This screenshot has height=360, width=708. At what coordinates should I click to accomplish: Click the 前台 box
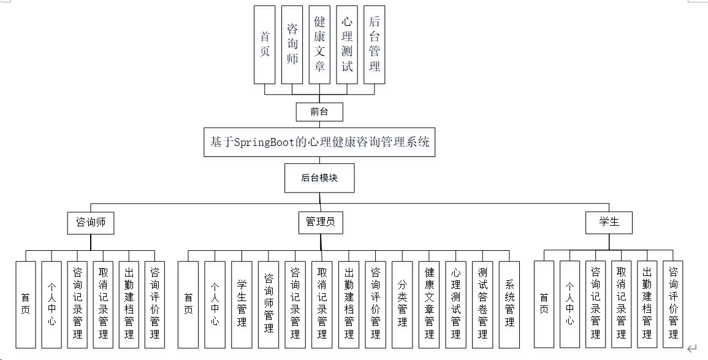[319, 112]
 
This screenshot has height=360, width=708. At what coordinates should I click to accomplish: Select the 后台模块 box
[319, 178]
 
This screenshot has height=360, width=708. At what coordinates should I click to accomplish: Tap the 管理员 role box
[320, 222]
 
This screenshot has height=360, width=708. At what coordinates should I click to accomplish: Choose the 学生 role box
[609, 222]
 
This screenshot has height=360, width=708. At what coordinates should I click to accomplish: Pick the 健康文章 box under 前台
[319, 45]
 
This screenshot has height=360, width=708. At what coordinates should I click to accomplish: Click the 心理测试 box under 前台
[347, 45]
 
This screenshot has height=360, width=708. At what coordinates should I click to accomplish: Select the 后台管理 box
[375, 45]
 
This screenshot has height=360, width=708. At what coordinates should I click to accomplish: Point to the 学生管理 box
[242, 304]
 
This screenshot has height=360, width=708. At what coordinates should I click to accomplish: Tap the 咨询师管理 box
[268, 304]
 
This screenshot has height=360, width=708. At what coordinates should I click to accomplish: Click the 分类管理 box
[402, 304]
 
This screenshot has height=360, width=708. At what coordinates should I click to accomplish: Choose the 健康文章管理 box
[429, 304]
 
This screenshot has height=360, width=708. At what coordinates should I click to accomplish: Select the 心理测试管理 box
[455, 304]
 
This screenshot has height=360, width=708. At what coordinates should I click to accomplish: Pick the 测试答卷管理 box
[482, 304]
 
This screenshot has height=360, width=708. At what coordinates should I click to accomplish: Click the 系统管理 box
[509, 304]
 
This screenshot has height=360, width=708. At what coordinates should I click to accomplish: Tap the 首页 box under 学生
[544, 304]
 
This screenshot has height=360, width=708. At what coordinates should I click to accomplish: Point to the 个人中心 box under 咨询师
[51, 304]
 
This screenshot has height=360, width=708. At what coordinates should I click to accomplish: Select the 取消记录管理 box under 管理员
[322, 304]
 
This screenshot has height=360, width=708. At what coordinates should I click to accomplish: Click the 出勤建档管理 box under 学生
[647, 304]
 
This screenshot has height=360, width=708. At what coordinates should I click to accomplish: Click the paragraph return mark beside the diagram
[692, 349]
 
